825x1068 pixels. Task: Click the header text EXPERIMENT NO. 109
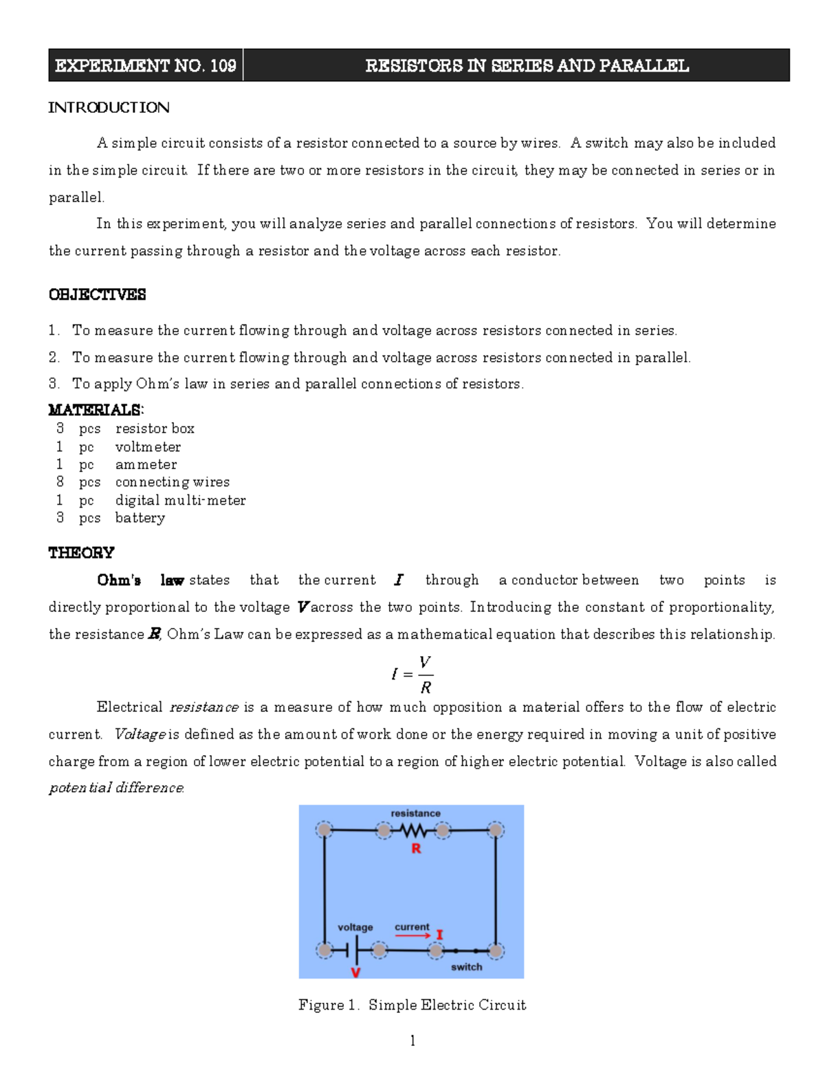[145, 66]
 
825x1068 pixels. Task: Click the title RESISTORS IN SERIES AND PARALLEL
[527, 66]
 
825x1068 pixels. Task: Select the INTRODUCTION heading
[109, 107]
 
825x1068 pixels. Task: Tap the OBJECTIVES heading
[97, 294]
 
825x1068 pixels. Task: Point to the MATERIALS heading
[95, 410]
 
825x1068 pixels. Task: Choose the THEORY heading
[81, 553]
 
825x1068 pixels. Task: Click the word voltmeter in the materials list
[148, 447]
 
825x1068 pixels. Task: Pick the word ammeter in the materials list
[146, 465]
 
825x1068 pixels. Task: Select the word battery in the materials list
[140, 518]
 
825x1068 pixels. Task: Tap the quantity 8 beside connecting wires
[60, 482]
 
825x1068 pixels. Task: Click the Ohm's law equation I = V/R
[412, 675]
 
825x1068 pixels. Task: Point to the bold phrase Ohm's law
[140, 580]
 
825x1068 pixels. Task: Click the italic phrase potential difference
[115, 788]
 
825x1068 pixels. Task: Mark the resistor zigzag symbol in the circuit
[413, 831]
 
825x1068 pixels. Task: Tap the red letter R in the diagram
[416, 849]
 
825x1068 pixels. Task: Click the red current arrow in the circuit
[412, 935]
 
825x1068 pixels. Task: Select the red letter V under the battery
[355, 972]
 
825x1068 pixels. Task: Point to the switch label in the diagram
[466, 967]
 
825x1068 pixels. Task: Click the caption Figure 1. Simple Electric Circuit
[412, 1005]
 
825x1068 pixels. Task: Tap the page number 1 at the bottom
[412, 1040]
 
